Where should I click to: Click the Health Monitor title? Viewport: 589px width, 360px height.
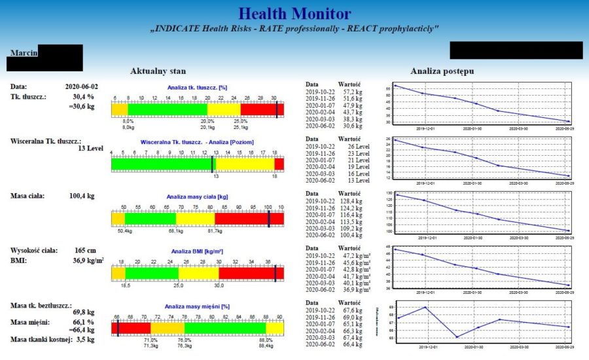294,14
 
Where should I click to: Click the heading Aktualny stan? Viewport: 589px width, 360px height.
158,71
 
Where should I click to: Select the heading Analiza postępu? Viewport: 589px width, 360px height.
442,71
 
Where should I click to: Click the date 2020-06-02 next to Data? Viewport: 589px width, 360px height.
82,86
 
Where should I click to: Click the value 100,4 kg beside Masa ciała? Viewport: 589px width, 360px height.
82,195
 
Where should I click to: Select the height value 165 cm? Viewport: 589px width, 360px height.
86,250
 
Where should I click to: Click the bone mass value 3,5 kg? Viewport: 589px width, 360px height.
85,339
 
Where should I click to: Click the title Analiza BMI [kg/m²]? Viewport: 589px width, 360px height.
197,251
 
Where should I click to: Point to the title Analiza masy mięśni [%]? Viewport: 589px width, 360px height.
197,306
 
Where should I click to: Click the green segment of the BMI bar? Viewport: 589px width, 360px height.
151,273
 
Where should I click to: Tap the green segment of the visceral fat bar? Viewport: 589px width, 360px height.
161,164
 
